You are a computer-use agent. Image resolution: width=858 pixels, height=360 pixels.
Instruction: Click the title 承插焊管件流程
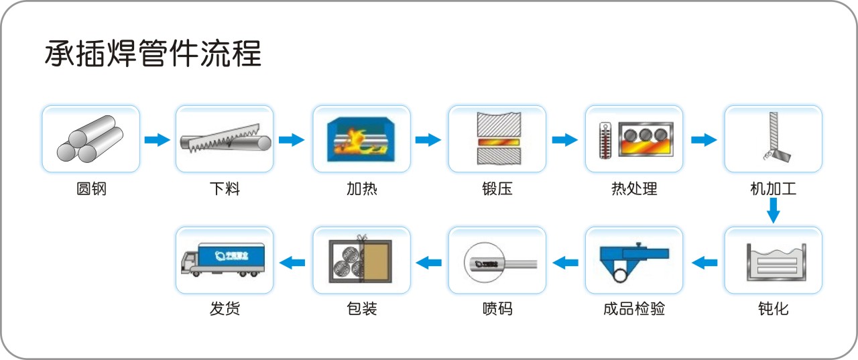[153, 54]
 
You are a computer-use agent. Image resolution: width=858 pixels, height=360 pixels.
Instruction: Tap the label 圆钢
[91, 189]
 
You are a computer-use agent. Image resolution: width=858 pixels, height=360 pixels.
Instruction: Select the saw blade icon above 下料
[225, 139]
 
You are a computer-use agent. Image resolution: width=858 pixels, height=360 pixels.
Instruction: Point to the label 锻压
[497, 189]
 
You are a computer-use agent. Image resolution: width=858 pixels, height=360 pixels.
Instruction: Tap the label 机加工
[773, 189]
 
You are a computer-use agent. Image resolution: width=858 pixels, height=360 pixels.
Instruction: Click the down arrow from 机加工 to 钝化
[773, 213]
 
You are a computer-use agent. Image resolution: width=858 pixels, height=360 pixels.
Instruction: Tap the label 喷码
[497, 309]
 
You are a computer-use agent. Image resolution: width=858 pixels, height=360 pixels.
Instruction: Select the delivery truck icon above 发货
[225, 261]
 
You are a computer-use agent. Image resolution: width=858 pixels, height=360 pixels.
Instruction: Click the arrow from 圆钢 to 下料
[158, 139]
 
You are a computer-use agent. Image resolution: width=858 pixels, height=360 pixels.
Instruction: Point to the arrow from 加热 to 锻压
[428, 139]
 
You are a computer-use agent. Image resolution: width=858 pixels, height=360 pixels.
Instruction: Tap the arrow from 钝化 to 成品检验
[704, 262]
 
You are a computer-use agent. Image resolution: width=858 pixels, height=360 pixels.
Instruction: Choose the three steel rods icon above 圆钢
[91, 139]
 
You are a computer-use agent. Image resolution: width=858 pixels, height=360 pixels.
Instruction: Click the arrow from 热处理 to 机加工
[703, 139]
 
